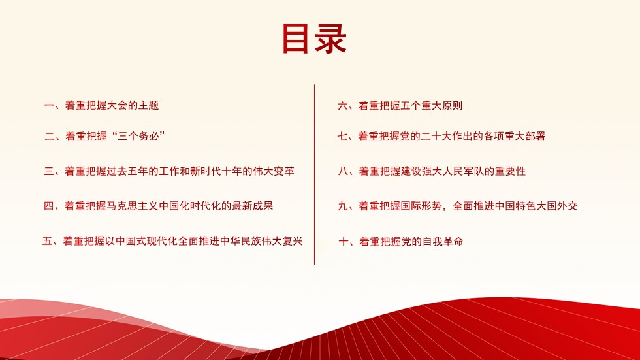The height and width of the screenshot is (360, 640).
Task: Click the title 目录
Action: tap(314, 39)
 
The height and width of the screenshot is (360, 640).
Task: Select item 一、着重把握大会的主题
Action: tap(101, 105)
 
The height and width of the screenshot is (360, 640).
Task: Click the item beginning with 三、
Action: tap(169, 171)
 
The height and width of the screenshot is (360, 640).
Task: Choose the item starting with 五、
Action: tap(172, 241)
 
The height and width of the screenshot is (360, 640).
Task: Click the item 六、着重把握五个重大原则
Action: tap(400, 105)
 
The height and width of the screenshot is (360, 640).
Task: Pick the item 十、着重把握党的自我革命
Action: tap(401, 242)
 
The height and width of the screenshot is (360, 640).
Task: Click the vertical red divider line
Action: tap(314, 174)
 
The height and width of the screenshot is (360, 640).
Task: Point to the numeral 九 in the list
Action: tap(343, 206)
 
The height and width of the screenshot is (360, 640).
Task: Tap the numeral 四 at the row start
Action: tap(48, 206)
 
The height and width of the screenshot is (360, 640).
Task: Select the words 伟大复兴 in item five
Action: tap(282, 241)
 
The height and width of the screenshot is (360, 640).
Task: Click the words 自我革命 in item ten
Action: tap(443, 242)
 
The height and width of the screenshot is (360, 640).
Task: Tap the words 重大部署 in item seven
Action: tap(525, 136)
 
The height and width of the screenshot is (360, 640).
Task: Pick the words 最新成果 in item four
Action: tap(253, 206)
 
